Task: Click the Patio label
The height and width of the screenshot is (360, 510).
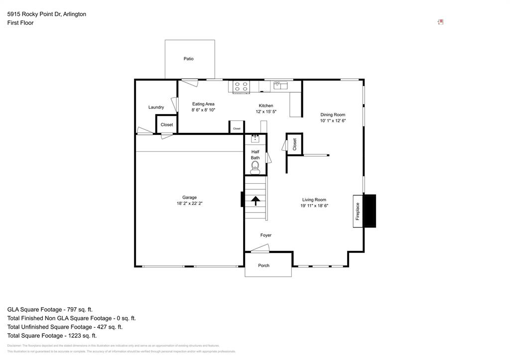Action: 188,59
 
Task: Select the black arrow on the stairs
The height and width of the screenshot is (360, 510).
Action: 255,201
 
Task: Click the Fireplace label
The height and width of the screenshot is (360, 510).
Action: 357,211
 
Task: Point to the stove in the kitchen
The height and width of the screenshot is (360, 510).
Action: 242,87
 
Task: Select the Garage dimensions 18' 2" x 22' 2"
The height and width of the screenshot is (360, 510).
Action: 189,204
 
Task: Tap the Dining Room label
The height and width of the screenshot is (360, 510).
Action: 333,115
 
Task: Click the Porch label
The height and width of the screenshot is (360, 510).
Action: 263,265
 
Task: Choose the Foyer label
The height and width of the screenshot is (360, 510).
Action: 266,235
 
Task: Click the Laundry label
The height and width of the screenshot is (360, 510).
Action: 156,107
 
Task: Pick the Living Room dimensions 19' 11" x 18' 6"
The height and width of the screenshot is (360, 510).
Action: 314,206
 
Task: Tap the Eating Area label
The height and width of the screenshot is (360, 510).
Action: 203,104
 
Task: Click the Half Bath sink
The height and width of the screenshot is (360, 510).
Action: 255,139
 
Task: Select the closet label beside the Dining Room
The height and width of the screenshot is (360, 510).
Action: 295,144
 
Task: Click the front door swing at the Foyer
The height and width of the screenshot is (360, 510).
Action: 259,248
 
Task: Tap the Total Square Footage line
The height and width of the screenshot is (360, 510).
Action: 52,336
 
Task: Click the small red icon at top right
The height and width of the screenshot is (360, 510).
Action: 440,22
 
